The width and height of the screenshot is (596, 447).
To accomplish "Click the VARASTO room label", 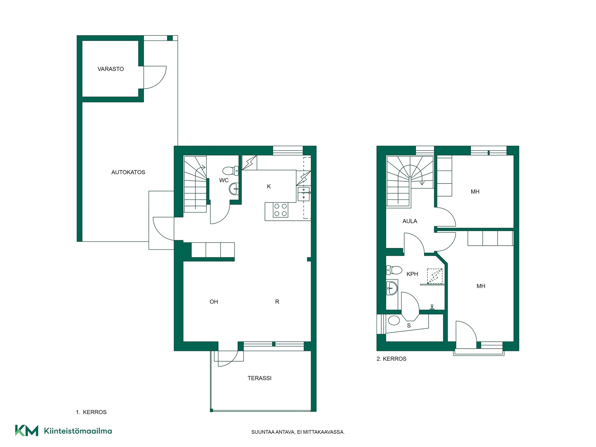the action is [x=111, y=69].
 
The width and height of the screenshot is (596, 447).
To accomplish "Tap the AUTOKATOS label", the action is [x=128, y=172].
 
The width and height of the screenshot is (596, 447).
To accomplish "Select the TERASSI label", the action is [x=260, y=378].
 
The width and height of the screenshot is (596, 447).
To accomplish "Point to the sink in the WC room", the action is [x=234, y=188].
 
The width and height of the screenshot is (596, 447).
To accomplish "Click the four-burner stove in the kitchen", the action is [x=281, y=210].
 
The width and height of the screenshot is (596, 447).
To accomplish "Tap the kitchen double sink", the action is [x=304, y=194].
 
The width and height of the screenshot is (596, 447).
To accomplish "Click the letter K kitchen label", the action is [x=269, y=187].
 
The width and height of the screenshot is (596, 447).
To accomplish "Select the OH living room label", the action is [x=214, y=302].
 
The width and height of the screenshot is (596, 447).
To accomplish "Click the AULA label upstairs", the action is [x=410, y=221].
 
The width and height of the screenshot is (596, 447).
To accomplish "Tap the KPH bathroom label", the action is [x=412, y=274].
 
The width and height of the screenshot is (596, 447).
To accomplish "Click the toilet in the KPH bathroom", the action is [x=394, y=270].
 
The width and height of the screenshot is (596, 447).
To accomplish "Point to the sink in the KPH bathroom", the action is [x=392, y=288].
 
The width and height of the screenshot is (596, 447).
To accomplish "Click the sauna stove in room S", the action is [x=394, y=320].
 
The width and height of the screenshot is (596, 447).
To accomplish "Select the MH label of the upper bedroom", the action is [x=475, y=192].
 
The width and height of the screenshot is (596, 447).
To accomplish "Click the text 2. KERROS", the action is [x=391, y=359].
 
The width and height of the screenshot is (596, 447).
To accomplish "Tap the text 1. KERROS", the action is [x=91, y=412].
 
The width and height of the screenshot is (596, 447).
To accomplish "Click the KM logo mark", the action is [x=27, y=431].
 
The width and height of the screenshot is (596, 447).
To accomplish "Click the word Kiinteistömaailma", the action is [x=78, y=431].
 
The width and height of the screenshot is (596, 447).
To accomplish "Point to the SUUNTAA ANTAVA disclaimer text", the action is [x=298, y=432].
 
